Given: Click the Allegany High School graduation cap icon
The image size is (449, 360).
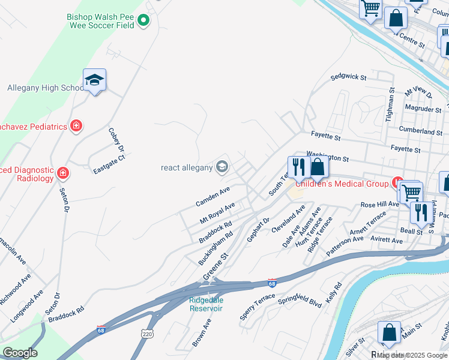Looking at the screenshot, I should pyautogui.click(x=94, y=80).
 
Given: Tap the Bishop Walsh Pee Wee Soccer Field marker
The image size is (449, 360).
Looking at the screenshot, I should pyautogui.click(x=143, y=22).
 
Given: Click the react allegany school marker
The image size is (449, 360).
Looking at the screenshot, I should pyautogui.click(x=222, y=167).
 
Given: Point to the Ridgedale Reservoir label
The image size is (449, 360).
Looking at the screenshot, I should pyautogui.click(x=206, y=304).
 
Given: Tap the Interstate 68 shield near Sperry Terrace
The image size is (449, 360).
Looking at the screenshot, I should pyautogui.click(x=272, y=283).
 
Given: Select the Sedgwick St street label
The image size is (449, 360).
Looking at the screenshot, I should pyautogui.click(x=348, y=77).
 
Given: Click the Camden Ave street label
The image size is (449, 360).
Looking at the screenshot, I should pyautogui.click(x=212, y=196).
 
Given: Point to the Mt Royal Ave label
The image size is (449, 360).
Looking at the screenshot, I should pyautogui.click(x=217, y=214).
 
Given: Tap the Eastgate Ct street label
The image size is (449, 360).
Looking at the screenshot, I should pyautogui.click(x=109, y=163).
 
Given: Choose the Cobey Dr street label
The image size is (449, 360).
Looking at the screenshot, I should pyautogui.click(x=116, y=139).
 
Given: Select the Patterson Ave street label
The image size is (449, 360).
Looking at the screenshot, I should pyautogui.click(x=345, y=246).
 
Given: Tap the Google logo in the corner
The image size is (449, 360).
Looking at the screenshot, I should pyautogui.click(x=20, y=353).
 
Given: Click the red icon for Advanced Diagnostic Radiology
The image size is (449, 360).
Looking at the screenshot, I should pyautogui.click(x=63, y=174).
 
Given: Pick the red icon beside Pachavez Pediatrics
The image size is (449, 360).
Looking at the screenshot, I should pyautogui.click(x=76, y=126).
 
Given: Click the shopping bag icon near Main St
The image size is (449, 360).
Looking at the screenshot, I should pyautogui.click(x=389, y=332).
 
